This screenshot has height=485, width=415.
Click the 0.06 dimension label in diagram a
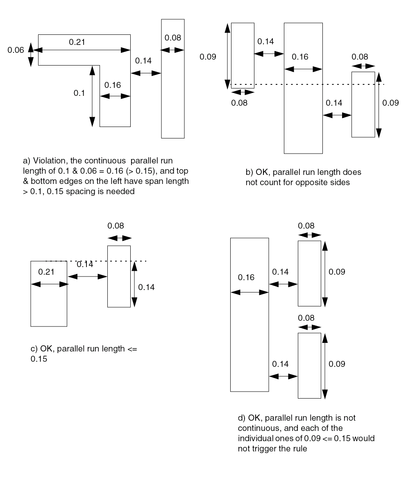(16, 50)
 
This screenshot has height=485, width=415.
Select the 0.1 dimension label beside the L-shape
(79, 93)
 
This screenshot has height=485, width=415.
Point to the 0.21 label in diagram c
(46, 272)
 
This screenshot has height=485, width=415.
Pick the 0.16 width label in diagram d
(246, 277)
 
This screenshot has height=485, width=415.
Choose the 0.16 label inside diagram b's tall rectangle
(300, 57)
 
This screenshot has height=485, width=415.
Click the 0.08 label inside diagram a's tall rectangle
(172, 38)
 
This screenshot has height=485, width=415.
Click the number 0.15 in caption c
(39, 359)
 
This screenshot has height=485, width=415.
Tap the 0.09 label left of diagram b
(208, 57)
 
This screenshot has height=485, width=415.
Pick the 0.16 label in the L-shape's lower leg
(113, 85)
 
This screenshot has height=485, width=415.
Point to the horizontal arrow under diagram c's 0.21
(49, 284)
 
